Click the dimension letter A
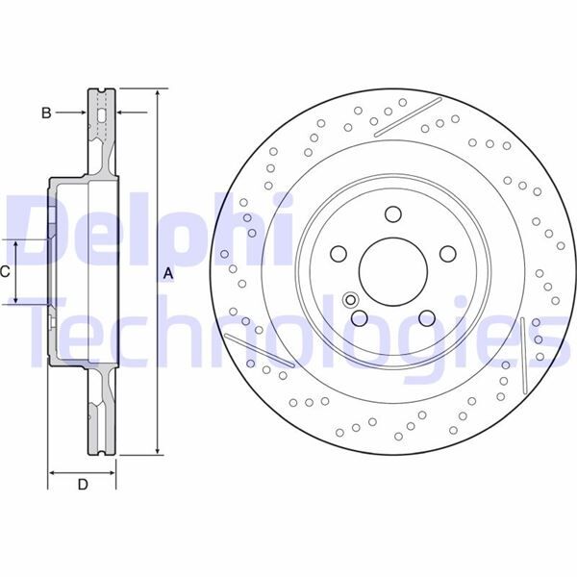pyautogui.click(x=168, y=274)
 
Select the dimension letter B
pyautogui.click(x=45, y=113)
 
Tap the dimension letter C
pyautogui.click(x=5, y=272)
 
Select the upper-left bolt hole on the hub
pyautogui.click(x=339, y=253)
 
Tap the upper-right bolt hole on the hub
pyautogui.click(x=447, y=253)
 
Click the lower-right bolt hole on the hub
pyautogui.click(x=426, y=317)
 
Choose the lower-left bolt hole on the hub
pyautogui.click(x=359, y=317)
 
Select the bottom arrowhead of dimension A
pyautogui.click(x=157, y=452)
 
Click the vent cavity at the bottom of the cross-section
pyautogui.click(x=101, y=423)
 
